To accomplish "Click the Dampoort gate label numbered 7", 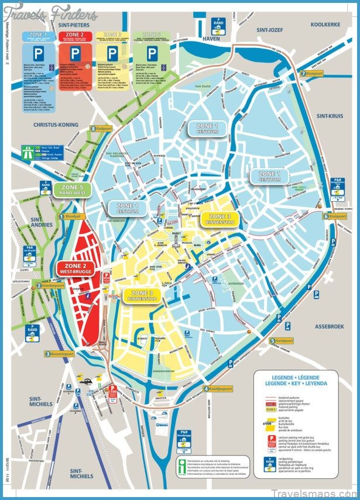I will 311,74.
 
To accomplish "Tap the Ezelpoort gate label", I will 101,129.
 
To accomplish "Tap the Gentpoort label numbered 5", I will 281,340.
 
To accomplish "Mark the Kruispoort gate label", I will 334,216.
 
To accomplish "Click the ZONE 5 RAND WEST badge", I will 73,189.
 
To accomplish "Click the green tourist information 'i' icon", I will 183,464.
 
